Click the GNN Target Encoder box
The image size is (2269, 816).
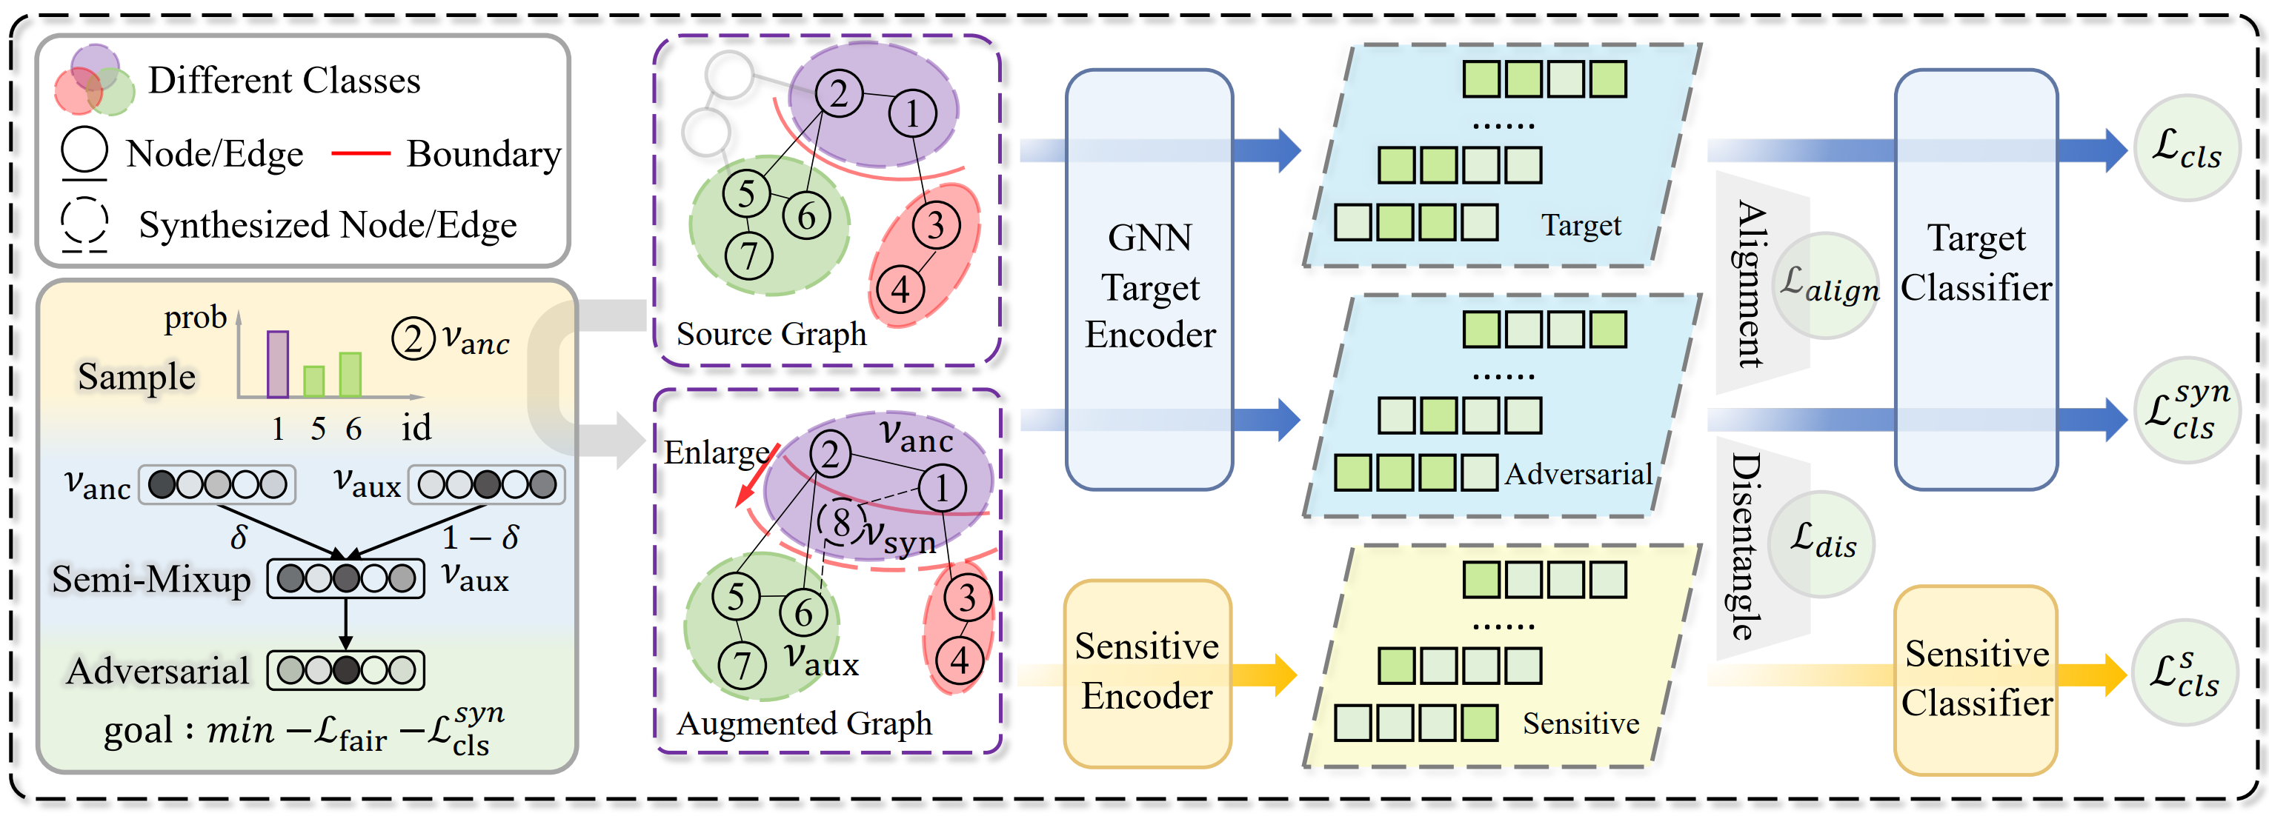[x=1149, y=280]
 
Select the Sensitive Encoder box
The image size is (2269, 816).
[x=1147, y=673]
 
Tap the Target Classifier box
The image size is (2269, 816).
[x=1976, y=280]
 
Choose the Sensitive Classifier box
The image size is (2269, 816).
[x=1976, y=680]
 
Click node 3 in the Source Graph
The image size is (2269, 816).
[x=935, y=224]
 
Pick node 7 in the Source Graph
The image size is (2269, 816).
[x=748, y=256]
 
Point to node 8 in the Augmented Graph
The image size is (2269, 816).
[x=841, y=521]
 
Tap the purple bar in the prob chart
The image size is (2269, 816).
[x=277, y=364]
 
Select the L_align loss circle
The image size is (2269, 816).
[x=1827, y=285]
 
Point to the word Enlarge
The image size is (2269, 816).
[x=715, y=452]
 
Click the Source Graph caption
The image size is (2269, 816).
[x=771, y=334]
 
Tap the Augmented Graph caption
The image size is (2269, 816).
[x=804, y=723]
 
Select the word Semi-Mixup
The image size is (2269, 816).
[x=151, y=579]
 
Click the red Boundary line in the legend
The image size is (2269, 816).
[x=360, y=153]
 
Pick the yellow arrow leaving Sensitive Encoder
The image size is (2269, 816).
[x=1264, y=675]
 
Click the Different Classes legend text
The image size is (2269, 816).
[x=285, y=80]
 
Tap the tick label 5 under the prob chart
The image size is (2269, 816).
[x=318, y=429]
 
